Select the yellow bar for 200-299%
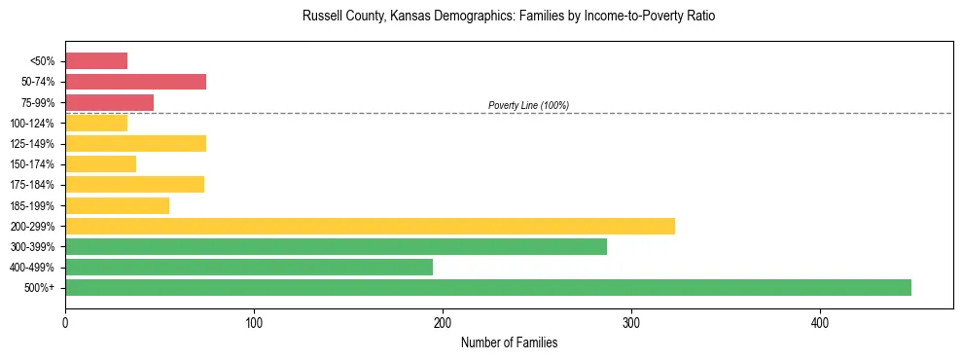click(370, 226)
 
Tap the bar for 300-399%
click(336, 246)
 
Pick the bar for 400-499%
click(249, 267)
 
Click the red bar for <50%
click(96, 61)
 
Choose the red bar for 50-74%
click(135, 82)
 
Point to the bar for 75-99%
click(109, 102)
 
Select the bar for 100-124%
click(96, 123)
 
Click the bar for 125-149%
click(135, 144)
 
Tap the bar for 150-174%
click(100, 164)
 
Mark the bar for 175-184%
click(134, 185)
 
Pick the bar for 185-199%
click(117, 205)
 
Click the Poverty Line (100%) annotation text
click(528, 105)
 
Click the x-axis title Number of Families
click(509, 342)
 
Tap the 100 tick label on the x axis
click(254, 322)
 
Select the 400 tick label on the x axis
click(820, 322)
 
